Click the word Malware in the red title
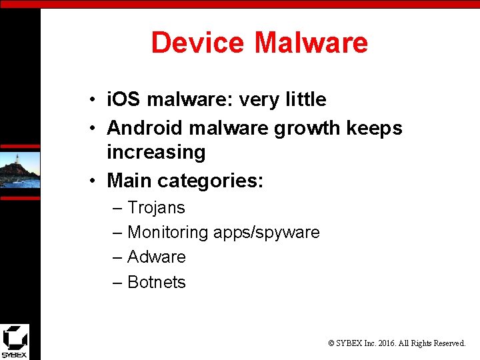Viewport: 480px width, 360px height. [311, 43]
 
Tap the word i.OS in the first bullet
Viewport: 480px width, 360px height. [125, 100]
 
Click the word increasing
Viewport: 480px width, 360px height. [156, 152]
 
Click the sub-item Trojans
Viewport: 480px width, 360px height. [156, 208]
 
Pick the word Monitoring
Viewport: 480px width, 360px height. [168, 233]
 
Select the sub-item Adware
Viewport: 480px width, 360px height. [157, 257]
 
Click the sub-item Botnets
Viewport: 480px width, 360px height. [157, 282]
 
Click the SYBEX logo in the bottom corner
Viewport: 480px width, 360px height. [15, 341]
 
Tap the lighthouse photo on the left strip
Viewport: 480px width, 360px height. [20, 170]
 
